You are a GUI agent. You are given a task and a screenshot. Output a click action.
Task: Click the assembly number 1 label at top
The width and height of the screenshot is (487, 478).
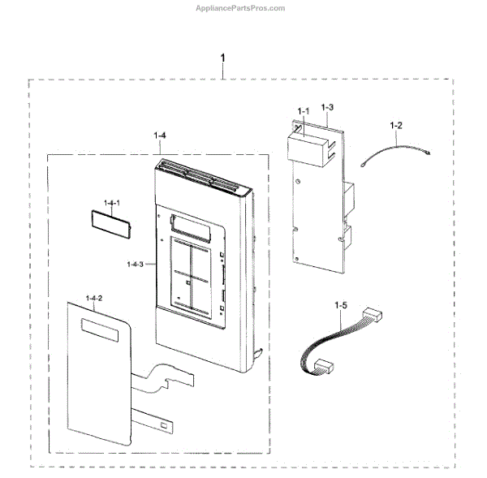(x=223, y=60)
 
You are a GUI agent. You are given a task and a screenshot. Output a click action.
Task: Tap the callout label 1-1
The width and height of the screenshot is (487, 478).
(x=304, y=110)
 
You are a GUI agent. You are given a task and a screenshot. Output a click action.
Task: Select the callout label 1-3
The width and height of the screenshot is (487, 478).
(x=327, y=106)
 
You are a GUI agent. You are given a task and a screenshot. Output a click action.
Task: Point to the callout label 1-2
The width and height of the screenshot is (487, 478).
(x=396, y=125)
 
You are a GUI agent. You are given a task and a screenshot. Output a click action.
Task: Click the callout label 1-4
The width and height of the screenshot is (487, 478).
(x=160, y=136)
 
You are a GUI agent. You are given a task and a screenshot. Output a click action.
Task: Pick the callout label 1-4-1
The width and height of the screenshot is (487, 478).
(x=111, y=200)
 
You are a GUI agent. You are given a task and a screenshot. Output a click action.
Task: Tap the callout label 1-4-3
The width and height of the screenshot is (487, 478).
(x=136, y=264)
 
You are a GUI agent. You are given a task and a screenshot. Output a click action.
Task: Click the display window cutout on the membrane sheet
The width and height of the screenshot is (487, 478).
(x=100, y=328)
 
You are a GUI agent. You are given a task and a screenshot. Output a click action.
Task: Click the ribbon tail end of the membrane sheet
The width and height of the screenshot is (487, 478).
(x=166, y=424)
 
